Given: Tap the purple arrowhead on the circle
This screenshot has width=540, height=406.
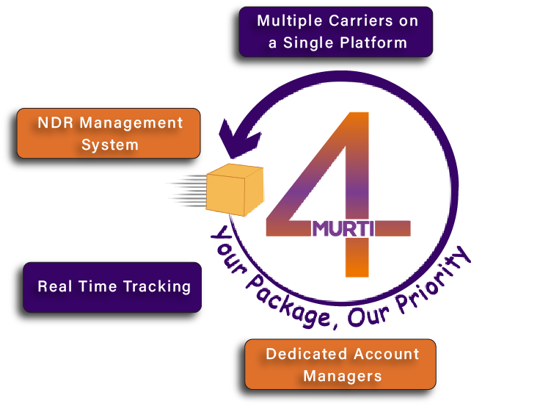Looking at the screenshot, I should pyautogui.click(x=237, y=139).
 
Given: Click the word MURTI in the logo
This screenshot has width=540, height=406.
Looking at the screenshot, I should pyautogui.click(x=343, y=228).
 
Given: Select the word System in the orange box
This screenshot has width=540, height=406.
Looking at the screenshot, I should pyautogui.click(x=110, y=145).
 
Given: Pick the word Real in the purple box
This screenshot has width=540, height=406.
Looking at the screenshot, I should pyautogui.click(x=55, y=286).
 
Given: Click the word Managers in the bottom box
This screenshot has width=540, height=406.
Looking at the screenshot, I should pyautogui.click(x=343, y=377).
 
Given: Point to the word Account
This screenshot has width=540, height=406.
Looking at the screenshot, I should pyautogui.click(x=385, y=354).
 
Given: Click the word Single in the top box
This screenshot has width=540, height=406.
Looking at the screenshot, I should pyautogui.click(x=317, y=43).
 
